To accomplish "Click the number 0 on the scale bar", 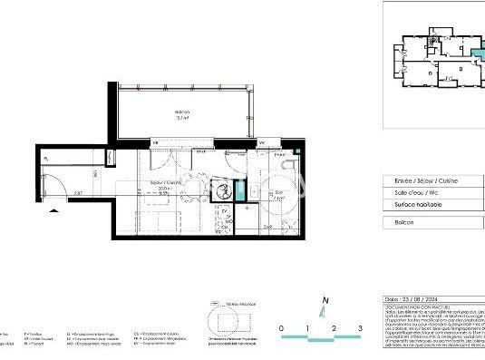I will click(281, 327).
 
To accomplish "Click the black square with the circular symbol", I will click(218, 190).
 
